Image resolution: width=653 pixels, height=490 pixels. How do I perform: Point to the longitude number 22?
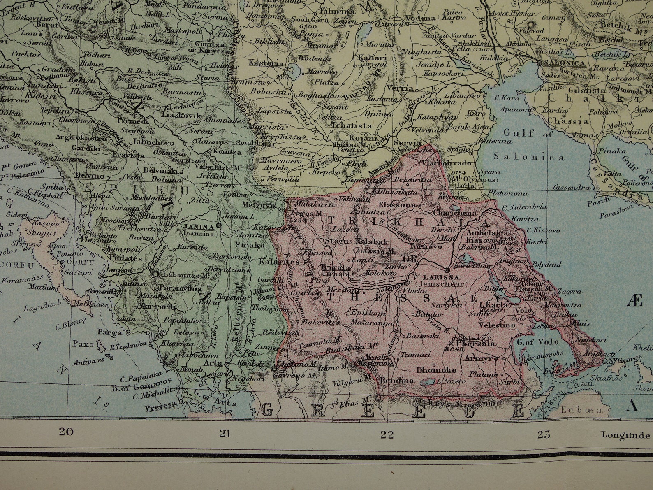coord(387,434)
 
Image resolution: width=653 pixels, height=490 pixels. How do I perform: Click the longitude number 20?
coord(66,432)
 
